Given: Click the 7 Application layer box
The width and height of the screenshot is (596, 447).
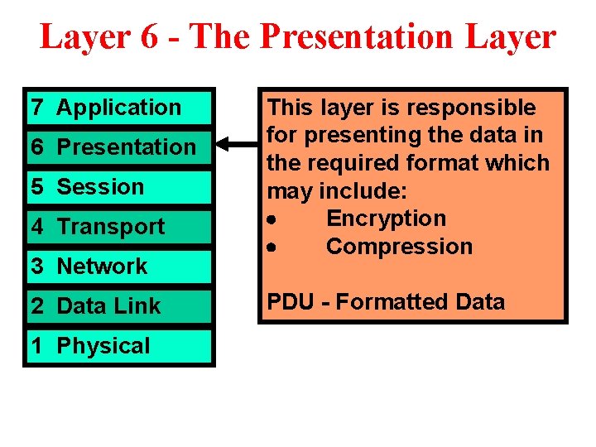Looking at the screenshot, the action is [118, 108].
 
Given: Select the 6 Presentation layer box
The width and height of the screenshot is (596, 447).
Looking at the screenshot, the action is [118, 147].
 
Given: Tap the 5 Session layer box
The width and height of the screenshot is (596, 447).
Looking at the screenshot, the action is [118, 187].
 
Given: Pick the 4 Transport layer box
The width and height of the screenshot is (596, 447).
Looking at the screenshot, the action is [118, 227].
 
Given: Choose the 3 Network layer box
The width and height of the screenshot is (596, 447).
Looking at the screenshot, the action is [118, 267].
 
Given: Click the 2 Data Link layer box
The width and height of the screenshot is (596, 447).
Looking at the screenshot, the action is [118, 306].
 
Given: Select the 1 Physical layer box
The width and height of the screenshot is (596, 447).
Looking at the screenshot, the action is [118, 346].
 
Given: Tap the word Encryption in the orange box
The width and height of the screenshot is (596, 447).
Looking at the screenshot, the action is [386, 219].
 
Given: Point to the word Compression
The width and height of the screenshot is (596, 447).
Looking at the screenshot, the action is [399, 247].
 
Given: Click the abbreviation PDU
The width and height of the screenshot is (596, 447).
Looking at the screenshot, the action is [290, 302].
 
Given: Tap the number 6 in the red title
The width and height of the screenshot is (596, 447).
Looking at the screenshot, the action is [150, 37].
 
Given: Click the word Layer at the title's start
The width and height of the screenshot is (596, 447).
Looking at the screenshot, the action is [84, 37].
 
